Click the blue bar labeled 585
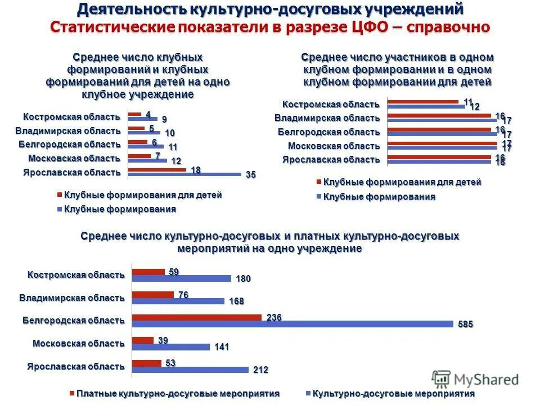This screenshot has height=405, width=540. pos(292,324)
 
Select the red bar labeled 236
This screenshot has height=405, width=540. pos(197,318)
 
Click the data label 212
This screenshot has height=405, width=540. pos(260,370)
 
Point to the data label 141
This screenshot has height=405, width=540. pos(222,347)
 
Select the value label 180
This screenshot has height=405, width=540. pos(243,278)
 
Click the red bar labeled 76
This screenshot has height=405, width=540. pos(153,295)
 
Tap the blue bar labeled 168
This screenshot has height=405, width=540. pos(178,301)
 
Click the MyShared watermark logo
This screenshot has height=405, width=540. pos(475,380)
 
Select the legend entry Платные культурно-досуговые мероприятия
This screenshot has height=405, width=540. pos(174,394)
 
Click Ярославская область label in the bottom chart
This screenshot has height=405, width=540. pos(75,366)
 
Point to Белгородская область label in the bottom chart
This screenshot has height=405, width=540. pos(73,320)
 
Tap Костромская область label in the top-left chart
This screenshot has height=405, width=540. pos(71,117)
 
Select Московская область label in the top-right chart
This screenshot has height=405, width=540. pos(334,146)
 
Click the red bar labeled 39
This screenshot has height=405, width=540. pos(142,340)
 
